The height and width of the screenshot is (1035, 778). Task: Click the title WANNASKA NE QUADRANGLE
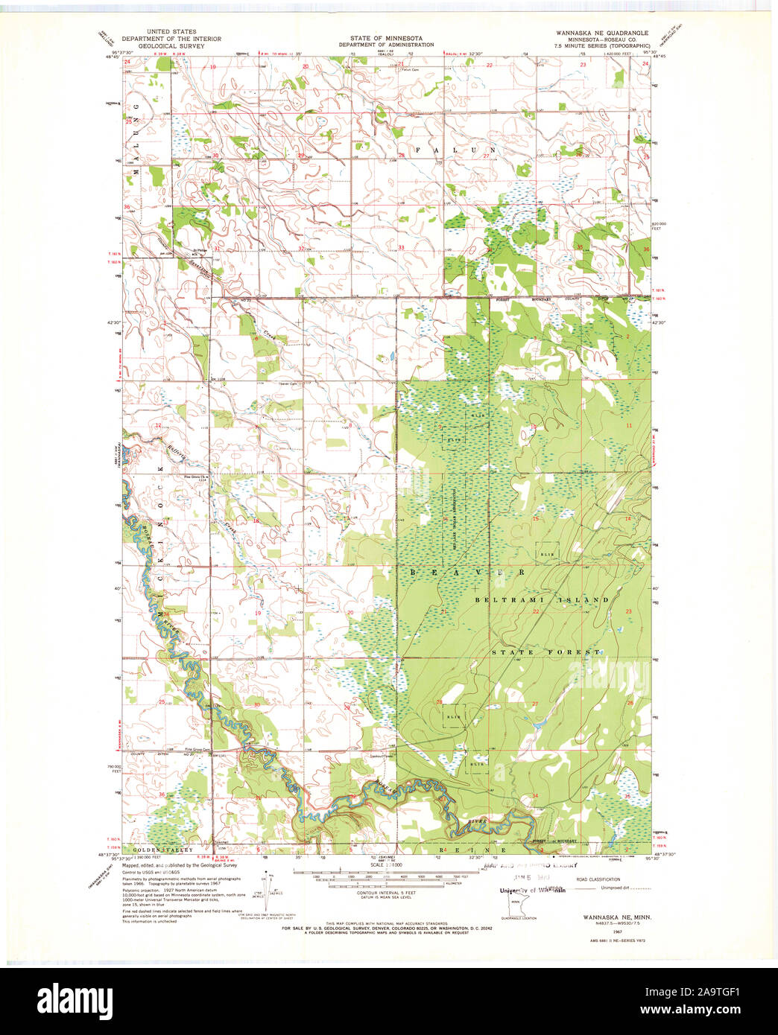click(601, 34)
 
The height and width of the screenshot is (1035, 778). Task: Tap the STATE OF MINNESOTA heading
click(386, 38)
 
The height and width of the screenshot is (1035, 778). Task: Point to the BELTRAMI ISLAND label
click(542, 599)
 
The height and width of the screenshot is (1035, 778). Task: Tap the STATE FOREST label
click(545, 652)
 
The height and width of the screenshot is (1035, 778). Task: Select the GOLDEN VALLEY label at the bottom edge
click(162, 850)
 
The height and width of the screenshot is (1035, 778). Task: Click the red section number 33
click(401, 247)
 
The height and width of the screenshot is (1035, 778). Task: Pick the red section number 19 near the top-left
click(212, 67)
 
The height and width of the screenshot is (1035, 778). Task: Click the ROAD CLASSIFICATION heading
click(599, 879)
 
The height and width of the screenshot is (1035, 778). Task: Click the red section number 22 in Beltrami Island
click(535, 611)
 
